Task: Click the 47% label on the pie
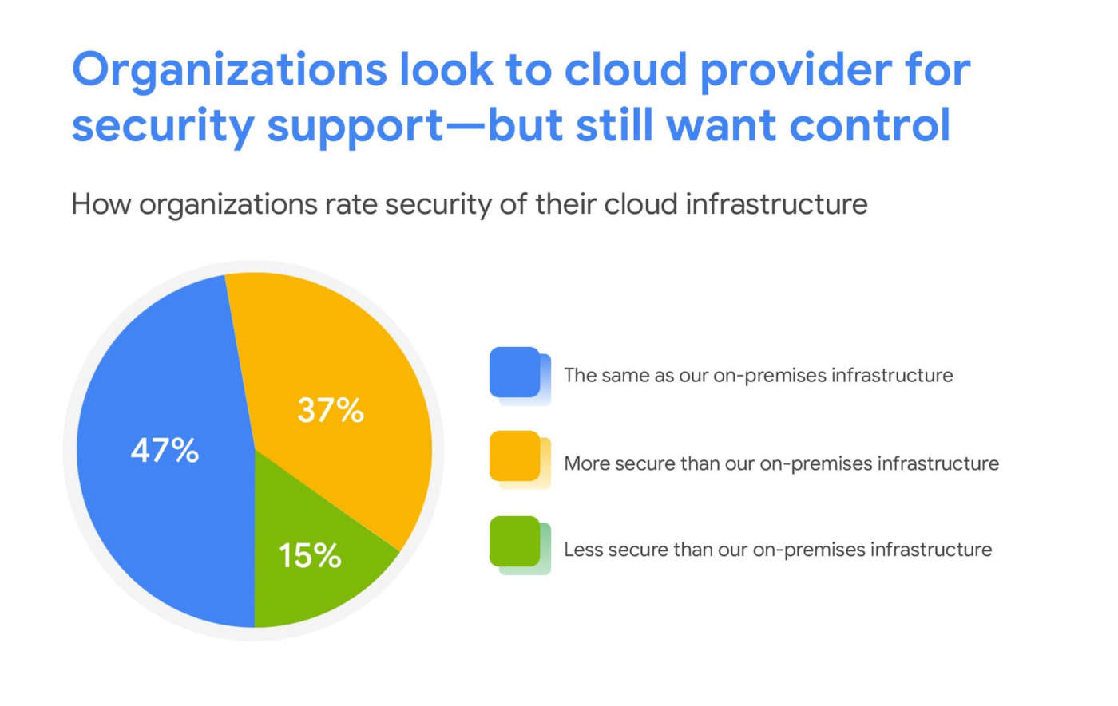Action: click(x=165, y=451)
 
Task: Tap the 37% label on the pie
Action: click(x=331, y=410)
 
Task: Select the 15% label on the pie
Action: click(x=310, y=555)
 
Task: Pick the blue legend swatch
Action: click(x=516, y=373)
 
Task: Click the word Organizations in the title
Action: click(x=228, y=70)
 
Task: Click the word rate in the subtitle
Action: click(x=350, y=205)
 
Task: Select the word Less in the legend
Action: click(x=583, y=549)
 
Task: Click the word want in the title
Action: click(x=722, y=126)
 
